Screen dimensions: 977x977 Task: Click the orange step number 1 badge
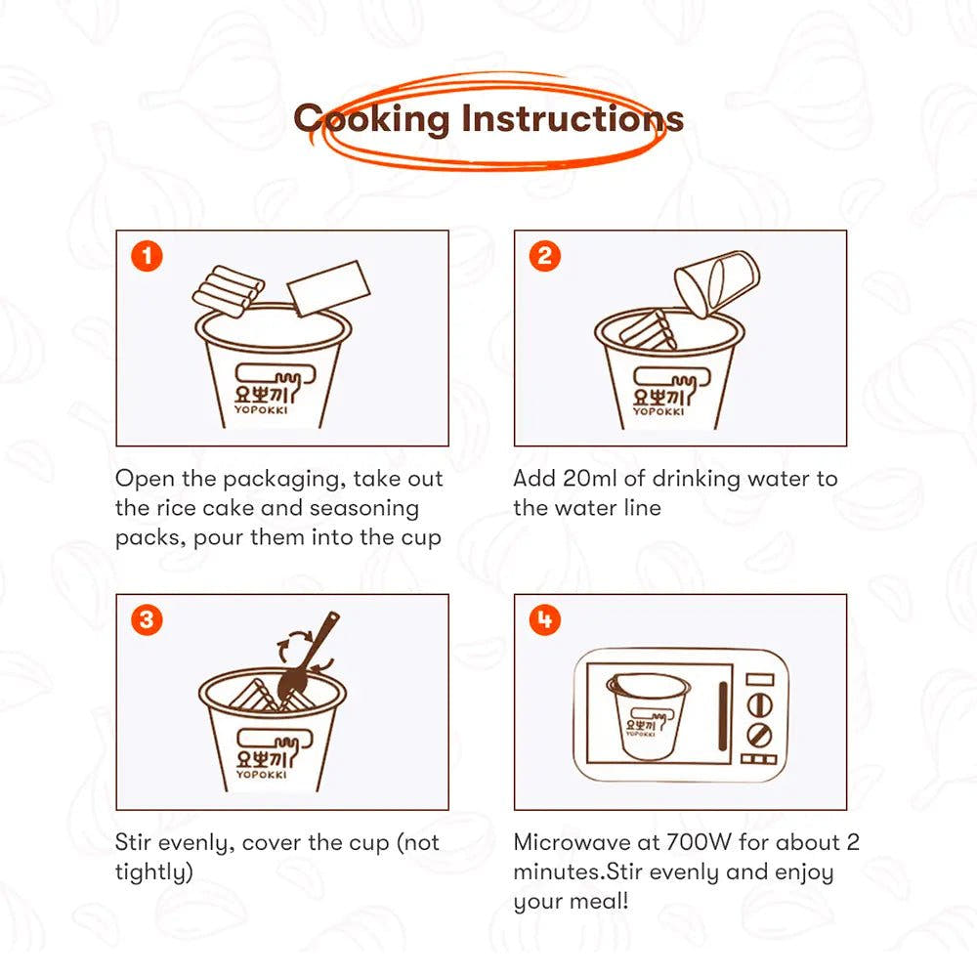(x=148, y=256)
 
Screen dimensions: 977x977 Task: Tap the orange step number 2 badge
(x=544, y=256)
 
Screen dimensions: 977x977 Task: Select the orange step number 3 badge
(x=148, y=620)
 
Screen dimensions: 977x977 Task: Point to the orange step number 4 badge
(x=544, y=620)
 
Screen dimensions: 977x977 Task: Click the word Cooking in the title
(x=371, y=118)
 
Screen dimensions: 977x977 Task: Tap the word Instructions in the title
(x=572, y=118)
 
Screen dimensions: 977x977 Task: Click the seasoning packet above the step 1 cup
(x=328, y=288)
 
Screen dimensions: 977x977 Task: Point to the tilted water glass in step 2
(x=717, y=283)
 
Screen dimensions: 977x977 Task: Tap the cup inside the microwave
(x=648, y=716)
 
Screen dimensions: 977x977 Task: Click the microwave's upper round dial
(x=759, y=705)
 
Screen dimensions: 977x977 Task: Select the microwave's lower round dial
(x=759, y=736)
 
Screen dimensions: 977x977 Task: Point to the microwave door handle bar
(x=723, y=716)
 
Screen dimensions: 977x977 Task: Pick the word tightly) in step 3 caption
(x=154, y=872)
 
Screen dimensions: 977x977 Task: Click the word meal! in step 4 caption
(x=599, y=901)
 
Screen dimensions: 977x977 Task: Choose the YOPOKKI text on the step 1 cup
(x=261, y=410)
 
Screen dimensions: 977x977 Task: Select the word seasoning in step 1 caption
(x=363, y=509)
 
